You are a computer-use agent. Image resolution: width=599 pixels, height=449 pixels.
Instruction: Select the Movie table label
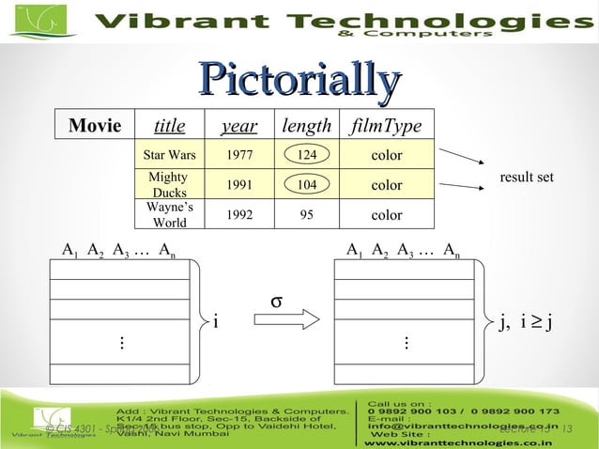tap(95, 126)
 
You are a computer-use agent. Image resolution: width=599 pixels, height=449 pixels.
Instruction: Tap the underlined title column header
tap(169, 126)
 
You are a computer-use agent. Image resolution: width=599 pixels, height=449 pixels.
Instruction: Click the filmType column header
tap(386, 126)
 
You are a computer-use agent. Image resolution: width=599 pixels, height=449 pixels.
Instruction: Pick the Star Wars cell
tap(169, 154)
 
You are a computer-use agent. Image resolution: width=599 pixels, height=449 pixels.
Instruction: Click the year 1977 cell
tap(239, 154)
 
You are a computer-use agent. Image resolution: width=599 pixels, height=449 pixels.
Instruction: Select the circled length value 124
tap(306, 154)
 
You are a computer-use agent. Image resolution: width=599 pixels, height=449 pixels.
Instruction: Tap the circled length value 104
tap(306, 185)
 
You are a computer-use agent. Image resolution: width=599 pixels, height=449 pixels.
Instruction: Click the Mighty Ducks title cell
tap(169, 184)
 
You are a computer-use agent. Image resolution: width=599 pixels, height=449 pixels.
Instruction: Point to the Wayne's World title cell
tap(169, 214)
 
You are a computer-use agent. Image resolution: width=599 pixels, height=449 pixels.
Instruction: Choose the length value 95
tap(306, 214)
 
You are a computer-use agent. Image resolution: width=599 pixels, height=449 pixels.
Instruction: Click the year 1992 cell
tap(239, 214)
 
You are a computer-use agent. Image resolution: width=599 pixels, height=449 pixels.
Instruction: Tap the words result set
tap(526, 177)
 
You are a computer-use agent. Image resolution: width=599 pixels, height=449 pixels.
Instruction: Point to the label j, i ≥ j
tap(529, 323)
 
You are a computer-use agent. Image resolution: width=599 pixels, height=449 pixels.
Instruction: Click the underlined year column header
tap(239, 126)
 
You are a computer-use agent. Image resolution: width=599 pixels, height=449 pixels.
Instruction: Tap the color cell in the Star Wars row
tap(386, 154)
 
